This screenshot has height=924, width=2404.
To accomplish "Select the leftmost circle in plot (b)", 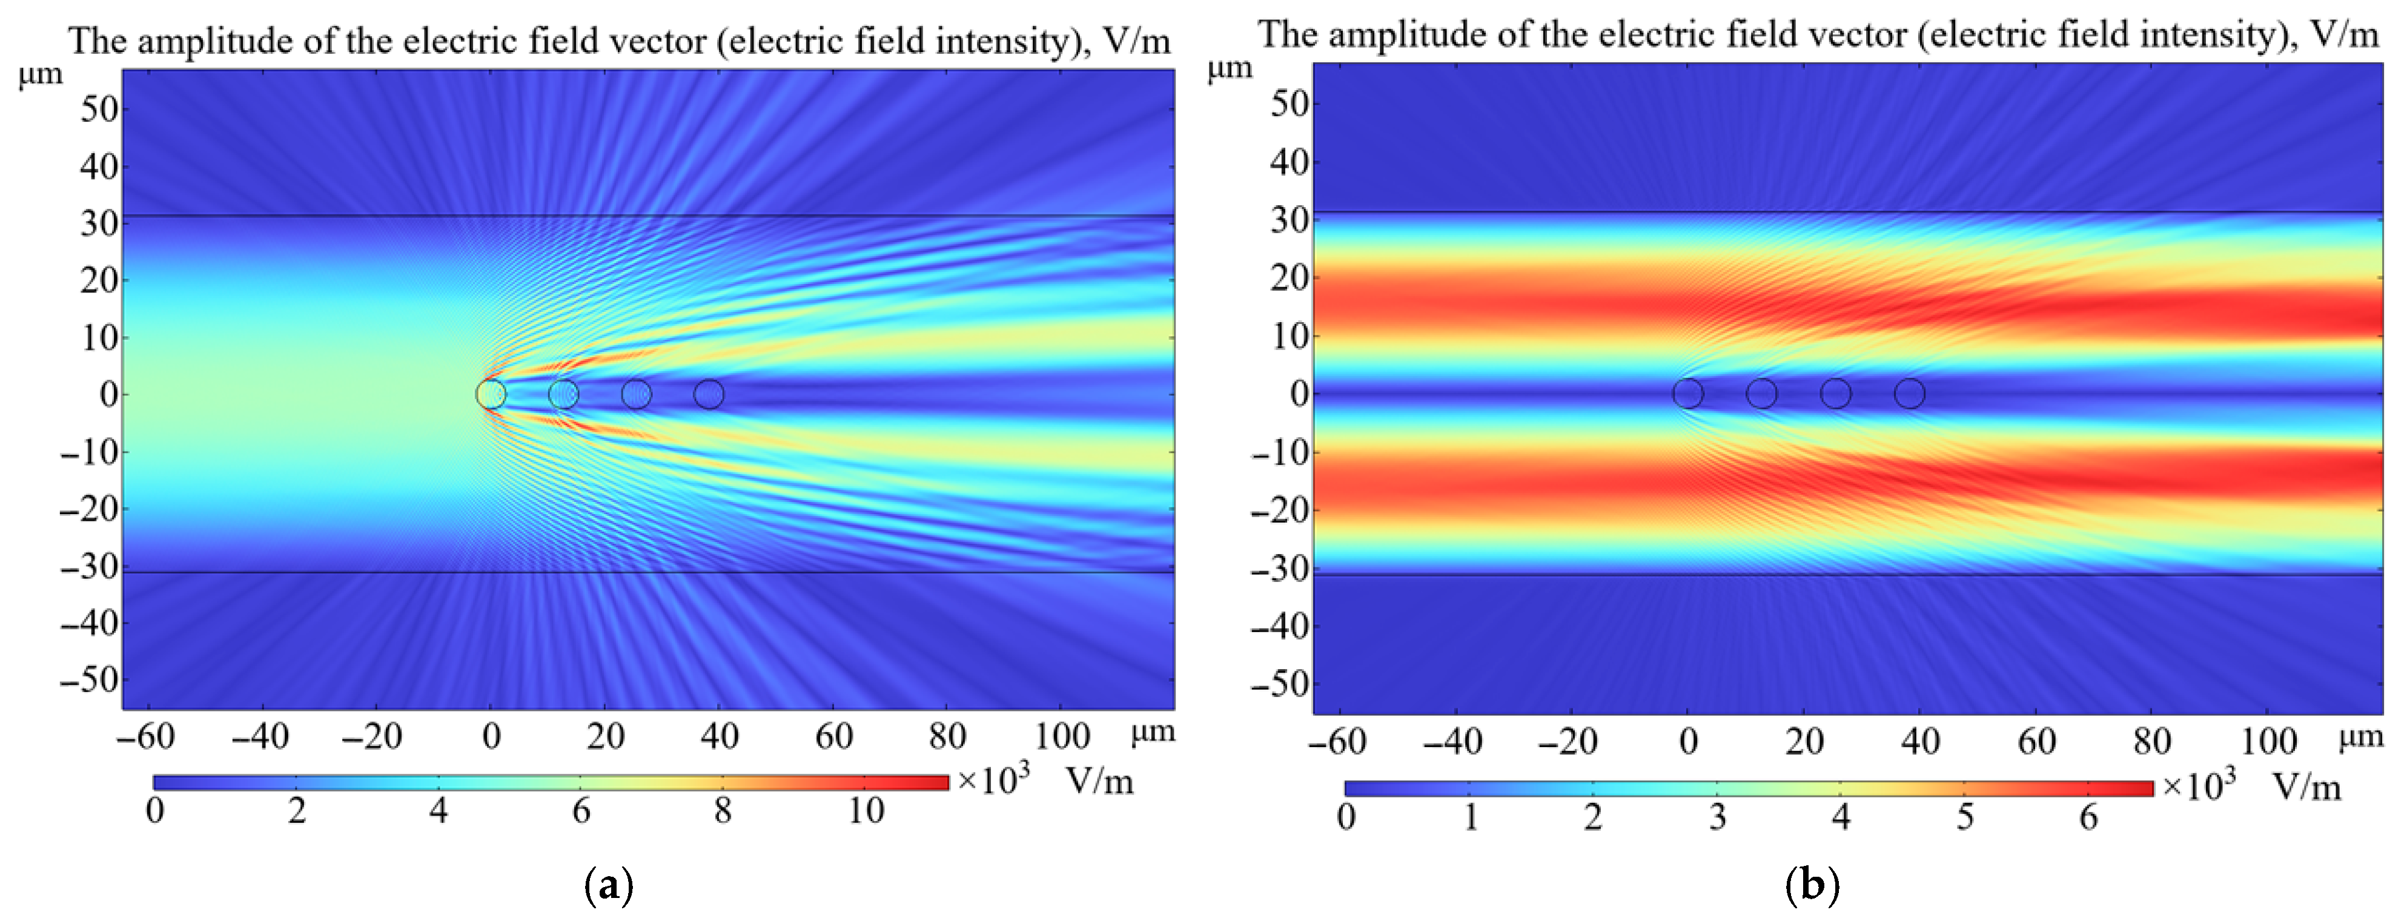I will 1687,394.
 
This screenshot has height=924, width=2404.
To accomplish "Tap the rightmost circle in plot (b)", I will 1909,394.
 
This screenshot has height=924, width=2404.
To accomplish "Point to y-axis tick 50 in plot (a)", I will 99,109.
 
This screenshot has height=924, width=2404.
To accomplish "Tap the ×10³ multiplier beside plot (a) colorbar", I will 993,779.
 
